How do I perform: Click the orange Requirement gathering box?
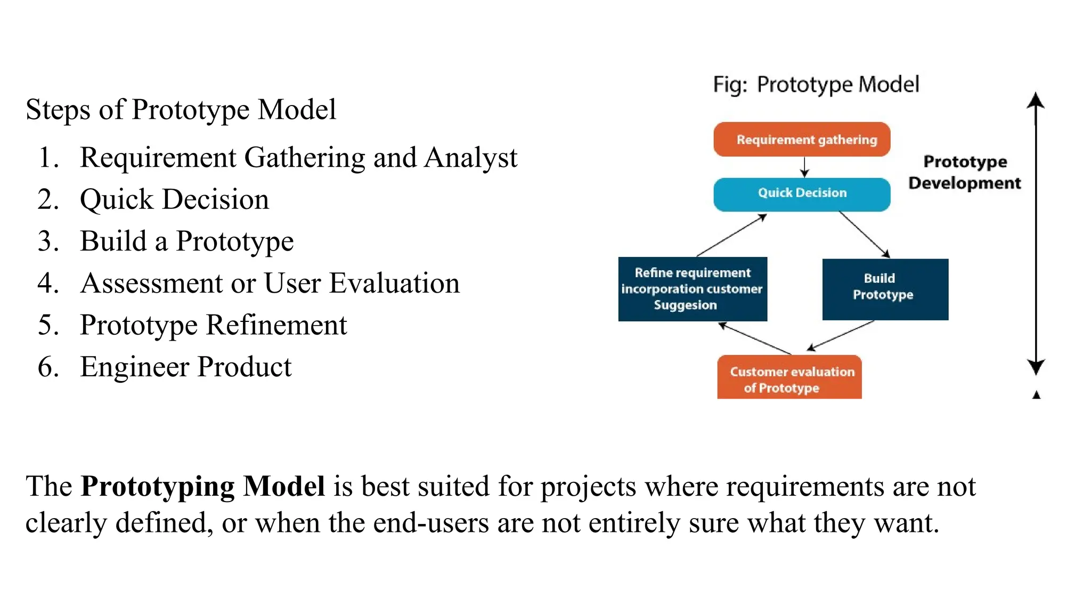(x=801, y=140)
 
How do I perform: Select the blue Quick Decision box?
(x=801, y=194)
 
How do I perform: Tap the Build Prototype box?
(x=884, y=289)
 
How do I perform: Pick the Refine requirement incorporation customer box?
(x=692, y=289)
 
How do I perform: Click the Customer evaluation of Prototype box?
(x=789, y=378)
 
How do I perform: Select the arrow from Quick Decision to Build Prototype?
(x=864, y=235)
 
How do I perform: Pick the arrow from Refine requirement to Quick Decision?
(x=731, y=235)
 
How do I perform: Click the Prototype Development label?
(x=965, y=172)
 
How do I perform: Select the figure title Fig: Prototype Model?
(x=816, y=85)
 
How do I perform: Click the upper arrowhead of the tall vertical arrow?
(x=1035, y=100)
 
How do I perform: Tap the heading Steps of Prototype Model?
(x=181, y=110)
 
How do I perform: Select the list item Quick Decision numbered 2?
(x=174, y=200)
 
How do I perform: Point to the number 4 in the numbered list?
(x=46, y=283)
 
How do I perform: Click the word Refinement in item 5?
(x=276, y=325)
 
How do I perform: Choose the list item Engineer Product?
(x=185, y=367)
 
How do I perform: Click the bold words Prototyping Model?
(x=202, y=486)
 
